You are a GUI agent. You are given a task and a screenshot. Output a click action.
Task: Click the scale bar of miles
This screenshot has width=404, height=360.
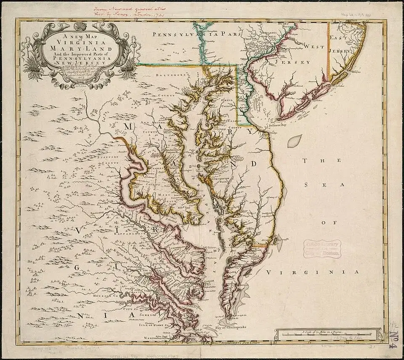(x=324, y=334)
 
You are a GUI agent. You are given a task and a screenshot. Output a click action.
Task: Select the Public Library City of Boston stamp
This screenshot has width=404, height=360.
(x=323, y=248)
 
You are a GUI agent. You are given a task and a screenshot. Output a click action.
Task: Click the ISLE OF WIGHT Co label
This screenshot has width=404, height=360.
(x=147, y=325)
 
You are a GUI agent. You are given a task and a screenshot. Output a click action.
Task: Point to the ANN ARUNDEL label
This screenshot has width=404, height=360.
(x=173, y=149)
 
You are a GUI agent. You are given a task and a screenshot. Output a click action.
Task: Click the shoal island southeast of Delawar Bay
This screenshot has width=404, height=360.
(x=295, y=140)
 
